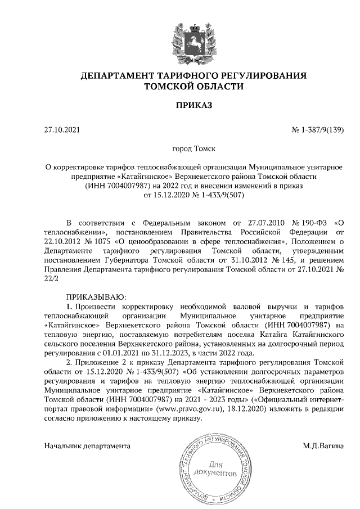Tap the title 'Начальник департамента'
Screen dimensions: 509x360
[x=87, y=446]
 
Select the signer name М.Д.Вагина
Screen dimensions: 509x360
[x=322, y=446]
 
